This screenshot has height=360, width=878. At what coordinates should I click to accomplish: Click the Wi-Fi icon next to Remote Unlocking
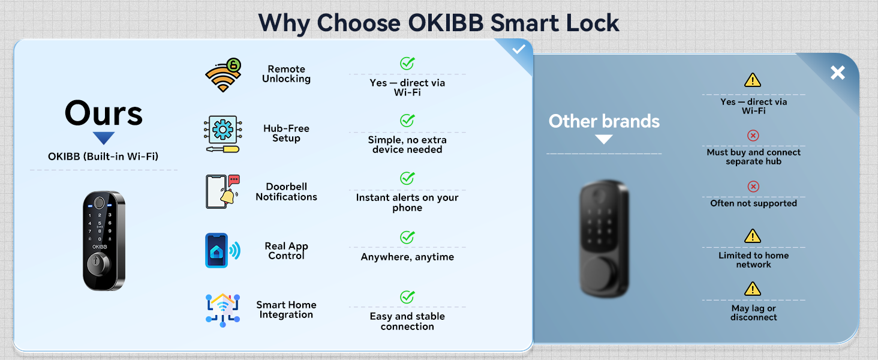tap(223, 74)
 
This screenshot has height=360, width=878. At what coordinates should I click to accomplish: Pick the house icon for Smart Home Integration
tap(222, 309)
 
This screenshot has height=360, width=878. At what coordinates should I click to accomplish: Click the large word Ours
tap(104, 113)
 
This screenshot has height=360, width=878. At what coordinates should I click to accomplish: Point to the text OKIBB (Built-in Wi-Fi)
tap(103, 157)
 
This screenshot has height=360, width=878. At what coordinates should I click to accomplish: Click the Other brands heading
tap(604, 121)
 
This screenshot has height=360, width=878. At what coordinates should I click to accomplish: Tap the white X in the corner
tap(837, 73)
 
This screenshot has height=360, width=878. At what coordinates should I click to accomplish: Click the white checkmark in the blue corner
tap(519, 50)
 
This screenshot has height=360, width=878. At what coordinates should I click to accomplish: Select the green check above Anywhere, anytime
tap(407, 238)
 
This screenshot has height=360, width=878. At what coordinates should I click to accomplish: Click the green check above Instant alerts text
tap(407, 178)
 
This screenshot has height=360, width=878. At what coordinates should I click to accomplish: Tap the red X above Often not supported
tap(753, 187)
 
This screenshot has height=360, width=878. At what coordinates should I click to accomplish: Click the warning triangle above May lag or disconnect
tap(753, 289)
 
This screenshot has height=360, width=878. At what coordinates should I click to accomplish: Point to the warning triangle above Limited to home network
tap(753, 236)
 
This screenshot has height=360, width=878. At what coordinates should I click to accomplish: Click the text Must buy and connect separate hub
tap(753, 157)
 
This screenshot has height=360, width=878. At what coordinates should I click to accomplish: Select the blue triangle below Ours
tap(104, 138)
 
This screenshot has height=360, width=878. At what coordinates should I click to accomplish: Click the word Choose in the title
tap(359, 23)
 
